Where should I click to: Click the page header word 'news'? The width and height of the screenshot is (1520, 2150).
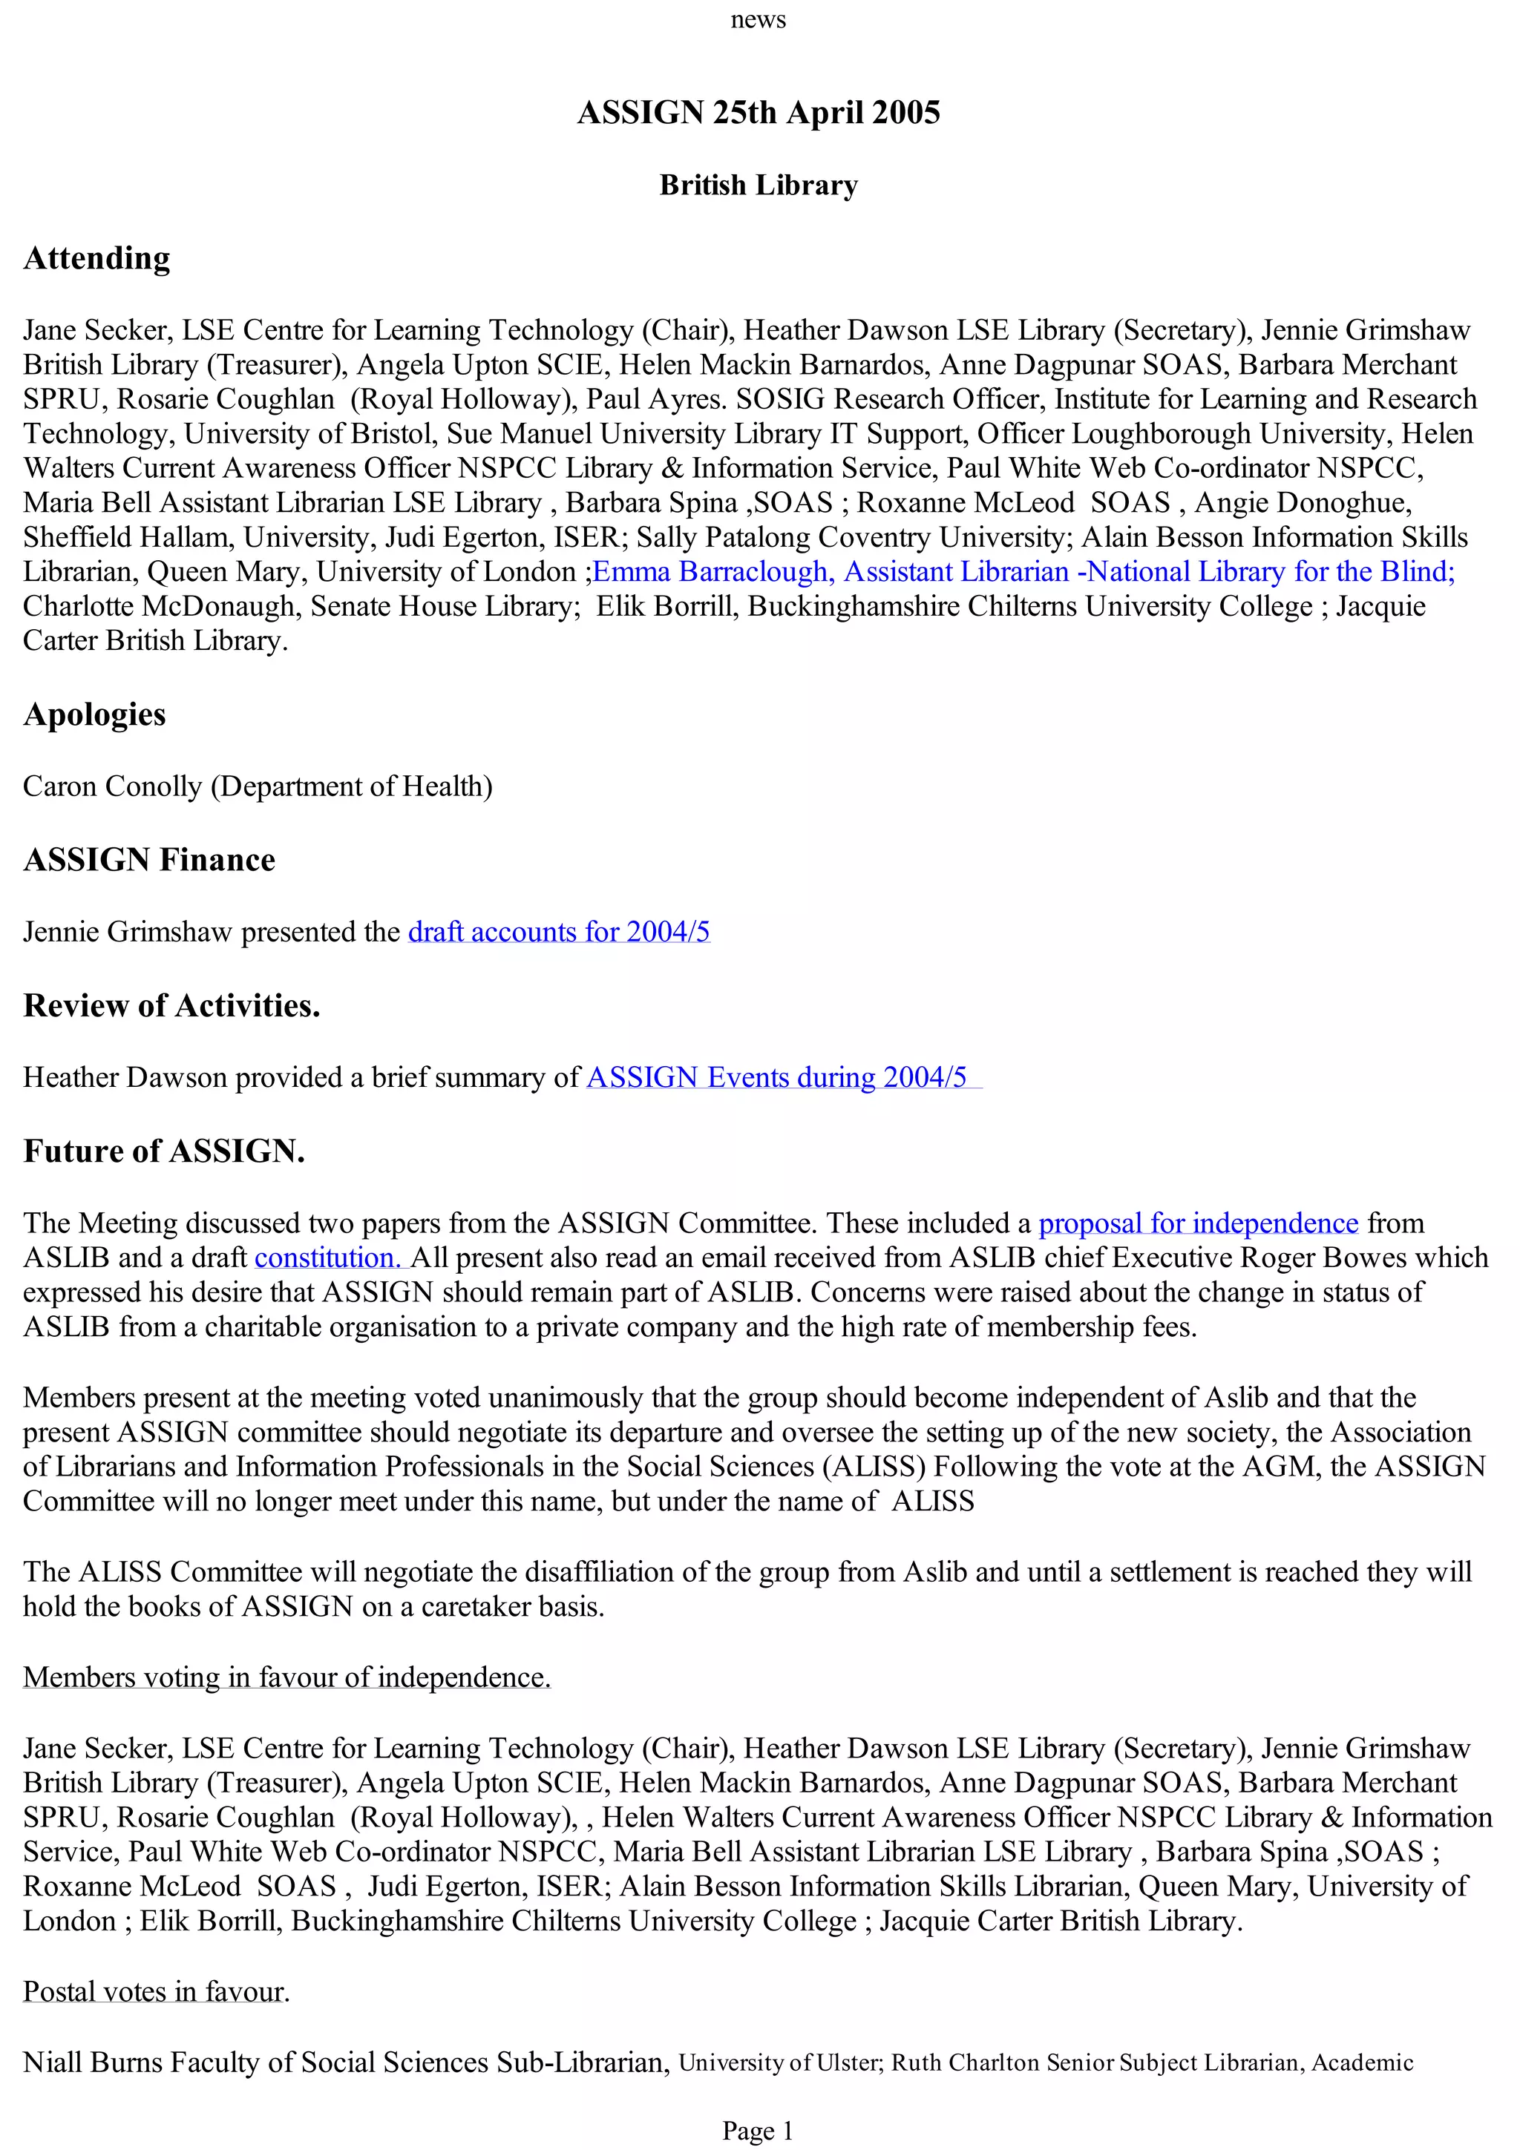tap(758, 20)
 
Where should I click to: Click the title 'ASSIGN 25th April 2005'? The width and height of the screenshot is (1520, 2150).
tap(759, 112)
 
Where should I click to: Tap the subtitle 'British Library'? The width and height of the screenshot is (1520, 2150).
tap(759, 185)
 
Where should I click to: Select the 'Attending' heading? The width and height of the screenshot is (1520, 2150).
tap(96, 258)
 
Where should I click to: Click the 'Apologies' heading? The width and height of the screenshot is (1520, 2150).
tap(94, 714)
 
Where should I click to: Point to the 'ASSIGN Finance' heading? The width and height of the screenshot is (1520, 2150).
tap(149, 860)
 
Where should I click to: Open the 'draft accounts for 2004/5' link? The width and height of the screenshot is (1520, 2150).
tap(558, 932)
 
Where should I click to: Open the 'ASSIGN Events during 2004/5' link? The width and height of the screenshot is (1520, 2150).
tap(776, 1078)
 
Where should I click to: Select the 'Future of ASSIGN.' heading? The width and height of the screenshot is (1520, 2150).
tap(164, 1151)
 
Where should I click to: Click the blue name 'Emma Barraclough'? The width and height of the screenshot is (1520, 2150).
tap(710, 571)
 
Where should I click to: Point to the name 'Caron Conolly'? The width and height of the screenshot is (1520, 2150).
tap(112, 786)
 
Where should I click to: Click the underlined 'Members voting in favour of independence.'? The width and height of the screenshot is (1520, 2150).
tap(286, 1677)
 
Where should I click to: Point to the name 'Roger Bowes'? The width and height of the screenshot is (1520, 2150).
tap(1330, 1258)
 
